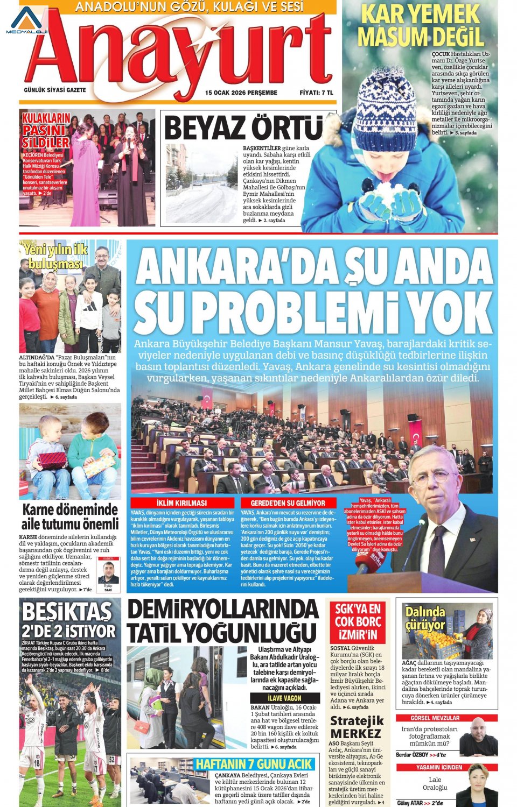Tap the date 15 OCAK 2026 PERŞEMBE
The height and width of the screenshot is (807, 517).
[x=241, y=93]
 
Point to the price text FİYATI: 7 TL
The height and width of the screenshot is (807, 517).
[x=316, y=93]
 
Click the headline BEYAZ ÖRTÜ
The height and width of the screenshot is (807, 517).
[x=243, y=129]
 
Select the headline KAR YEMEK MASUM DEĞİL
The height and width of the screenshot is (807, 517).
[x=421, y=25]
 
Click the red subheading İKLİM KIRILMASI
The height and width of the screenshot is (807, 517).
[x=181, y=502]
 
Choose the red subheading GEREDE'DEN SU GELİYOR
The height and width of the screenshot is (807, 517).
[x=288, y=502]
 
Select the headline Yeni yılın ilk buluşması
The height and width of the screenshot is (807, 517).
[x=56, y=256]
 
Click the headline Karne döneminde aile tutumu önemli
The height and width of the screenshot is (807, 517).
[x=70, y=516]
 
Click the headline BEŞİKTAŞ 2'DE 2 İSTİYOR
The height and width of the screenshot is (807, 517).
[x=68, y=620]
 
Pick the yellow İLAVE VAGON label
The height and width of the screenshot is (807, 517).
[x=284, y=698]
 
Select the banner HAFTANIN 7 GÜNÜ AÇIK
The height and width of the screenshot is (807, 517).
[x=254, y=764]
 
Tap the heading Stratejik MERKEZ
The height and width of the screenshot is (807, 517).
[x=357, y=727]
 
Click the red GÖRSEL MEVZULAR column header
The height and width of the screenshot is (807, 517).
[x=435, y=718]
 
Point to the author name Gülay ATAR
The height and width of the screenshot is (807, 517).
[x=410, y=803]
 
